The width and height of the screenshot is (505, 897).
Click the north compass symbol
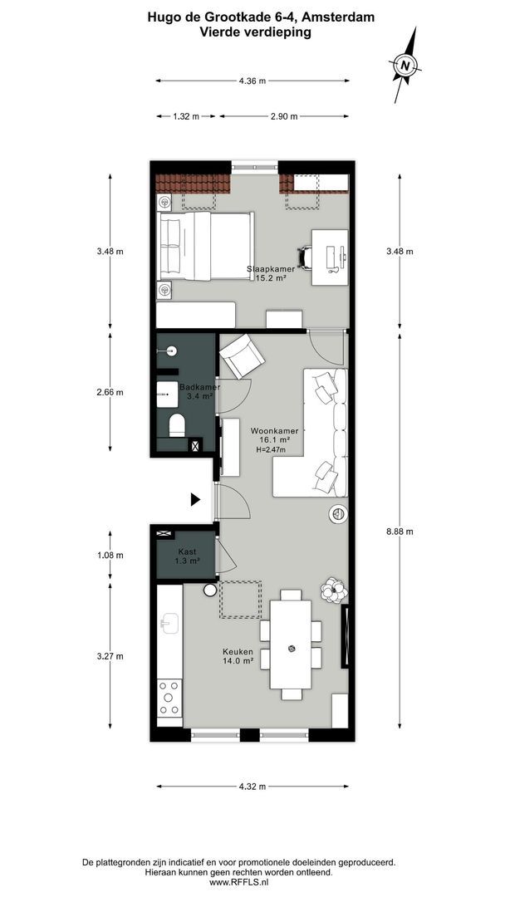(x=404, y=65)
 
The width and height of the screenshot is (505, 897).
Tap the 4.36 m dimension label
(x=252, y=81)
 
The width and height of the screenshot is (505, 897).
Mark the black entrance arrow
(x=196, y=499)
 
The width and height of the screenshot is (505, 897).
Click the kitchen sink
(x=169, y=623)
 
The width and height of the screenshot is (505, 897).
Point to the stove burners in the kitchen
(x=169, y=698)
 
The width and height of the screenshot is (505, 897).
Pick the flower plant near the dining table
(x=334, y=589)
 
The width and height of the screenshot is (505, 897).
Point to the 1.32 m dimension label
(x=186, y=116)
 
